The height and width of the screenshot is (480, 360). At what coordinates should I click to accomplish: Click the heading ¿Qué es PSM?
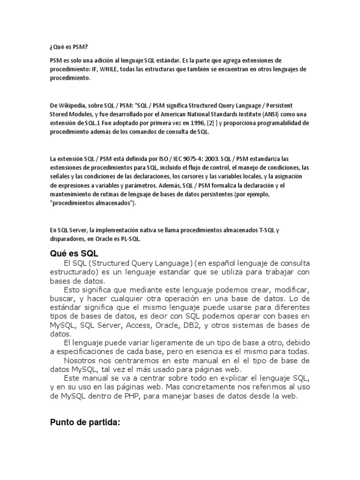68,47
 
